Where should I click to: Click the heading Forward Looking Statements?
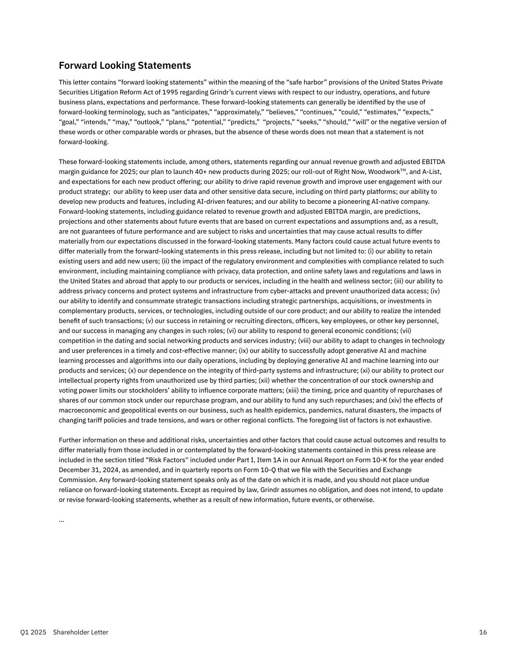(x=124, y=65)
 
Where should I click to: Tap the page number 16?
(x=483, y=632)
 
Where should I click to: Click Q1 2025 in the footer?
(x=33, y=632)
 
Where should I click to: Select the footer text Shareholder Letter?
(x=81, y=632)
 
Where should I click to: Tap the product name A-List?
(x=432, y=172)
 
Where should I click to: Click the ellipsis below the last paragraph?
(x=62, y=520)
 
